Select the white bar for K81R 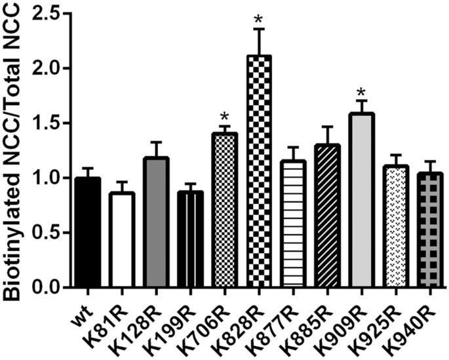point(121,240)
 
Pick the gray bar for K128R point(157,223)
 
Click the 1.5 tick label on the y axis point(43,123)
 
